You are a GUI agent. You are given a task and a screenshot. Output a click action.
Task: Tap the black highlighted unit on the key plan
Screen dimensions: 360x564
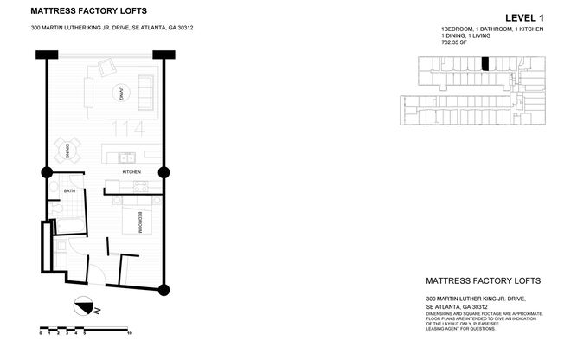click(485, 63)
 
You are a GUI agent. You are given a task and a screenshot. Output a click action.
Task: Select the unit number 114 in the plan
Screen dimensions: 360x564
click(128, 129)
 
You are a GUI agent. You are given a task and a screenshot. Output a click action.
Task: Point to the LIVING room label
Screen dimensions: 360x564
click(123, 93)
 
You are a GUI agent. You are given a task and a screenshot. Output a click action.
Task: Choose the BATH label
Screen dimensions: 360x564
click(69, 191)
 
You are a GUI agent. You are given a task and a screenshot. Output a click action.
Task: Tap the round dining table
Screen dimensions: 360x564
click(67, 151)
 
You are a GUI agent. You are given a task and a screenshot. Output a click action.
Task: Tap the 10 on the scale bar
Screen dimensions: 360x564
click(129, 331)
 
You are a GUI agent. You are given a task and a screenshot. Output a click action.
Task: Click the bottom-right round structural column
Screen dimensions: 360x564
click(164, 290)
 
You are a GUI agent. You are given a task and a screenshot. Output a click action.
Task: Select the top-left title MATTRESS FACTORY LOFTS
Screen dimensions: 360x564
click(89, 11)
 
